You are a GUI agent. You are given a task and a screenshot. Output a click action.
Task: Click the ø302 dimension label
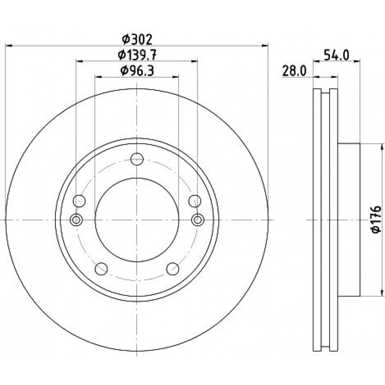(137, 40)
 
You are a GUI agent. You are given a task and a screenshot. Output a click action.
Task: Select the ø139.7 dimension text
(137, 55)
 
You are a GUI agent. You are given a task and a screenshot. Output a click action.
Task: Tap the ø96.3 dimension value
(137, 71)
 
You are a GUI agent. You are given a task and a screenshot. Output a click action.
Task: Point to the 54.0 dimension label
(336, 55)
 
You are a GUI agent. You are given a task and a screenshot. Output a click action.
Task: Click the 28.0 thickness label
(294, 71)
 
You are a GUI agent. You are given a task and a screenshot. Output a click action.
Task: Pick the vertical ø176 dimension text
(376, 219)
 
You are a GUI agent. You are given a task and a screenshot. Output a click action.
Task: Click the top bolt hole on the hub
(137, 159)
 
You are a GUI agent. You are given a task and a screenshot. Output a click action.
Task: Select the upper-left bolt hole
(79, 201)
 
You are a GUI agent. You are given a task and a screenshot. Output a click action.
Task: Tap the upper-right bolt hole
(195, 201)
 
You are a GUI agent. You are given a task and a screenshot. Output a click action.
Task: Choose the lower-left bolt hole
(101, 269)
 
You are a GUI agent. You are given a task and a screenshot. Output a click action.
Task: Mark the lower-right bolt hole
(172, 269)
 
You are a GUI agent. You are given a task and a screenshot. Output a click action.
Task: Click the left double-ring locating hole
(76, 219)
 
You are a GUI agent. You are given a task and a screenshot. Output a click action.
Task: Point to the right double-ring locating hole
(198, 219)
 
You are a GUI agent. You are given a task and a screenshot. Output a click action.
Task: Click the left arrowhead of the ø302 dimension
(8, 45)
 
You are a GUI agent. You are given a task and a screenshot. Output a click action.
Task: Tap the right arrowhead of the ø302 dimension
(265, 45)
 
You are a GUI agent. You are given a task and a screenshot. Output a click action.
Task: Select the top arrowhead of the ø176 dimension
(382, 147)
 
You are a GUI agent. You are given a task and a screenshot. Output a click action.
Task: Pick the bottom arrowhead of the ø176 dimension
(382, 293)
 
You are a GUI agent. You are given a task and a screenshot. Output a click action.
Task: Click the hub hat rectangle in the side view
(349, 220)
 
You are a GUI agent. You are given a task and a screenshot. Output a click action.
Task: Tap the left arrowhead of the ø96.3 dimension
(98, 77)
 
